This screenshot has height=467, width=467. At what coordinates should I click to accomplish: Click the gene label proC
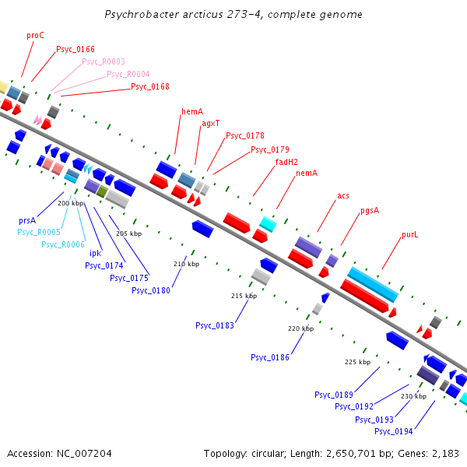pyautogui.click(x=35, y=36)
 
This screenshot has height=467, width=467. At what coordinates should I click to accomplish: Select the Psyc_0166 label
pyautogui.click(x=75, y=50)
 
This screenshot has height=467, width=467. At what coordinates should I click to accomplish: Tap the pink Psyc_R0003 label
pyautogui.click(x=104, y=62)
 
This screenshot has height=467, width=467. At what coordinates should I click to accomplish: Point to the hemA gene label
pyautogui.click(x=192, y=112)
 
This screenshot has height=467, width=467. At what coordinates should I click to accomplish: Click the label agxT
pyautogui.click(x=211, y=124)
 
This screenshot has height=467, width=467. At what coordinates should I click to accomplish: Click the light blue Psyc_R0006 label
pyautogui.click(x=63, y=244)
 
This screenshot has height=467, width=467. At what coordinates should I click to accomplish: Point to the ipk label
pyautogui.click(x=95, y=253)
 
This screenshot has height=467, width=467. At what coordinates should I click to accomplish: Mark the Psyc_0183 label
pyautogui.click(x=215, y=326)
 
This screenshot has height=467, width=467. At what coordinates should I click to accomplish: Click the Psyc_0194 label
pyautogui.click(x=394, y=431)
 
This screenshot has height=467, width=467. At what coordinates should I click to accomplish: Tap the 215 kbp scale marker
pyautogui.click(x=244, y=297)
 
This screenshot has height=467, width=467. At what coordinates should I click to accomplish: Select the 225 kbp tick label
pyautogui.click(x=357, y=362)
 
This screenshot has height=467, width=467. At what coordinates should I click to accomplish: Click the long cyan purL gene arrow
pyautogui.click(x=372, y=284)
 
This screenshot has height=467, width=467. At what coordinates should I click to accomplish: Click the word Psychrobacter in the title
pyautogui.click(x=142, y=15)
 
